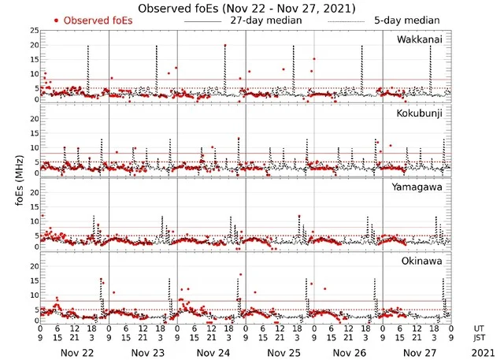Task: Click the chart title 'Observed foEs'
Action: coord(246,8)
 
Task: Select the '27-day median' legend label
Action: coord(266,20)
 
